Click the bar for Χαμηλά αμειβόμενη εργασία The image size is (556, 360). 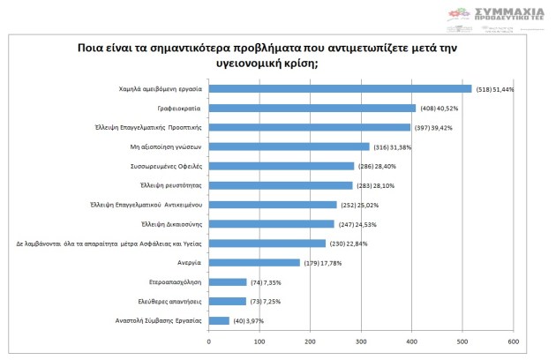340,88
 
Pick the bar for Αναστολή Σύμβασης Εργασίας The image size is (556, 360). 219,320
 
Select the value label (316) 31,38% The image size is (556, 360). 394,146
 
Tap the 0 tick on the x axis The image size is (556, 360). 208,341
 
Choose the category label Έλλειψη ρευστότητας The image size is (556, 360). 173,185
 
